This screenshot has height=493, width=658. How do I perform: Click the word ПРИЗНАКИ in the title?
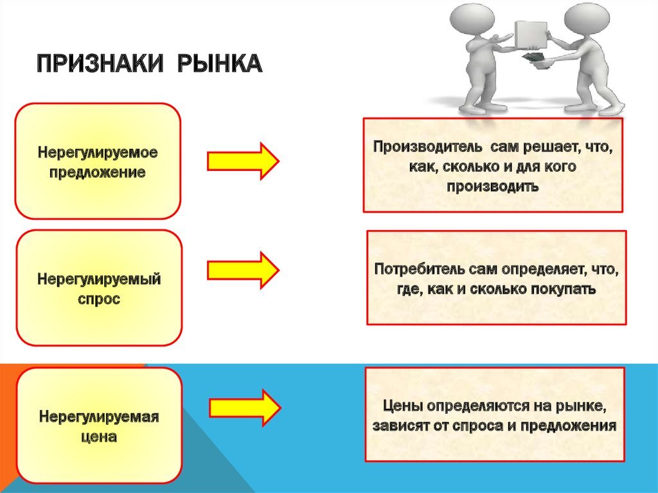(x=100, y=64)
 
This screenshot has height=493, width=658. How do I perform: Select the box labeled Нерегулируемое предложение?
(x=98, y=161)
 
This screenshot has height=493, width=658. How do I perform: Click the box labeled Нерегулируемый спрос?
(x=99, y=288)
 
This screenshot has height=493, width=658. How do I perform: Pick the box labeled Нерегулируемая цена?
(x=99, y=426)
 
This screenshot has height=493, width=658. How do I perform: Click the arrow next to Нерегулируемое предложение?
(x=244, y=161)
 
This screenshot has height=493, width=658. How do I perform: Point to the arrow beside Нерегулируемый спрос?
(x=244, y=270)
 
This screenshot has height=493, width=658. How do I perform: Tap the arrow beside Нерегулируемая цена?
(x=245, y=408)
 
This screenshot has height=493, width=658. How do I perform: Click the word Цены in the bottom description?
(x=404, y=406)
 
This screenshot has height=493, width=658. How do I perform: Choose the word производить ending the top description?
(x=492, y=186)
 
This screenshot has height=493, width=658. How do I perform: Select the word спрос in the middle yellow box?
(x=99, y=300)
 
